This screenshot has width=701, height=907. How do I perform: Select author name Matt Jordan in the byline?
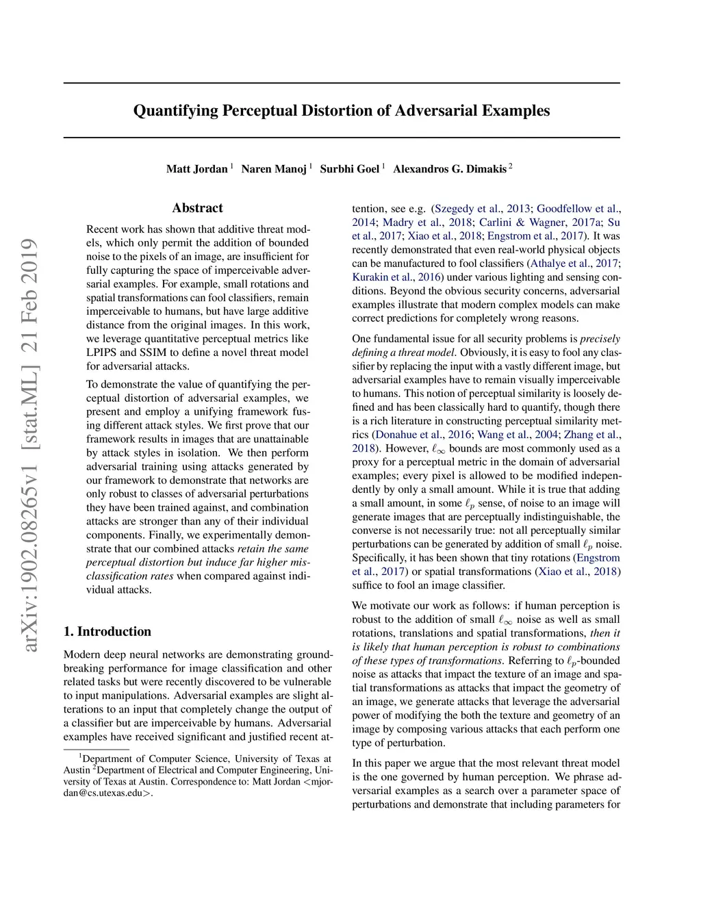coord(196,169)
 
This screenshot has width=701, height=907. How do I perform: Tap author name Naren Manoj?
coord(274,169)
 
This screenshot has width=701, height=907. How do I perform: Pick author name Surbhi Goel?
coord(349,169)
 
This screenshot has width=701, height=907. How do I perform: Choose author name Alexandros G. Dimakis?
coord(450,169)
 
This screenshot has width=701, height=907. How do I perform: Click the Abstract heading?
coord(197,208)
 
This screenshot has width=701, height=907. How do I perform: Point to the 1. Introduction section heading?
coord(107,631)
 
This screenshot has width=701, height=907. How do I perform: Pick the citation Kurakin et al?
coord(383,277)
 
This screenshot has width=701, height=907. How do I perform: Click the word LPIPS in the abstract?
coord(101,353)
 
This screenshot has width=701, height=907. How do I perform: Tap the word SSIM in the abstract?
coord(155,353)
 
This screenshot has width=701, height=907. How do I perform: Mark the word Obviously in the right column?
coord(482,353)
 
